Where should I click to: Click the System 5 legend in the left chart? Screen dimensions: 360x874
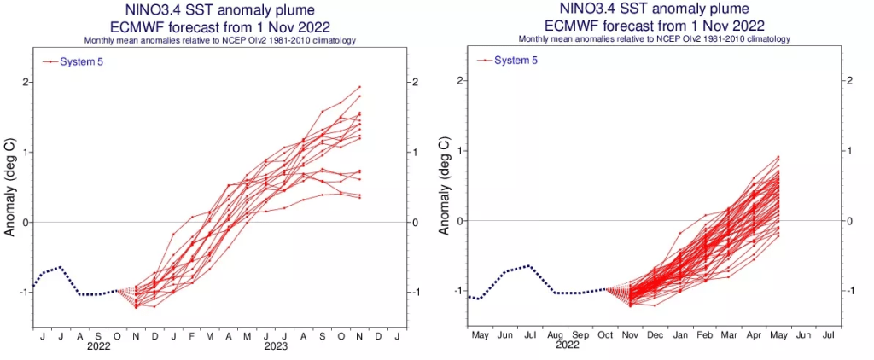(71, 61)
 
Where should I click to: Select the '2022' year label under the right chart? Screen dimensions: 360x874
(568, 345)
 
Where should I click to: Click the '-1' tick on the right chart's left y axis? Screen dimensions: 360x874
(457, 291)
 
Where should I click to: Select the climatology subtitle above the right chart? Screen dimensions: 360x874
(652, 39)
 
